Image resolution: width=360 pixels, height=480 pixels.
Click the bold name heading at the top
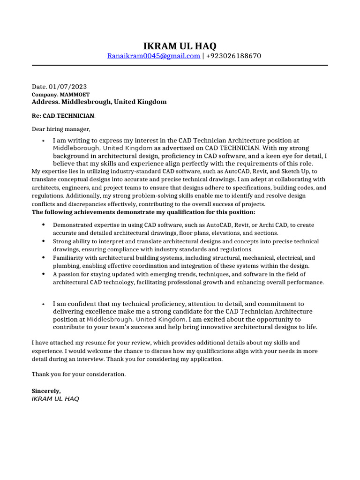click(180, 46)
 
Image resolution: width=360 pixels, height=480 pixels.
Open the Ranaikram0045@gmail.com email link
click(153, 56)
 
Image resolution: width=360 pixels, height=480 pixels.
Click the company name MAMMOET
click(74, 94)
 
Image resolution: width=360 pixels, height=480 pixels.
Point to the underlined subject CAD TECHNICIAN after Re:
click(69, 116)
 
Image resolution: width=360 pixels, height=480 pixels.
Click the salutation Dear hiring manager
click(60, 129)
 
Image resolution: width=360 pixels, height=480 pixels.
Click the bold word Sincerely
click(46, 390)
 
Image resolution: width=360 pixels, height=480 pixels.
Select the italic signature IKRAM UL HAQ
click(55, 399)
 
